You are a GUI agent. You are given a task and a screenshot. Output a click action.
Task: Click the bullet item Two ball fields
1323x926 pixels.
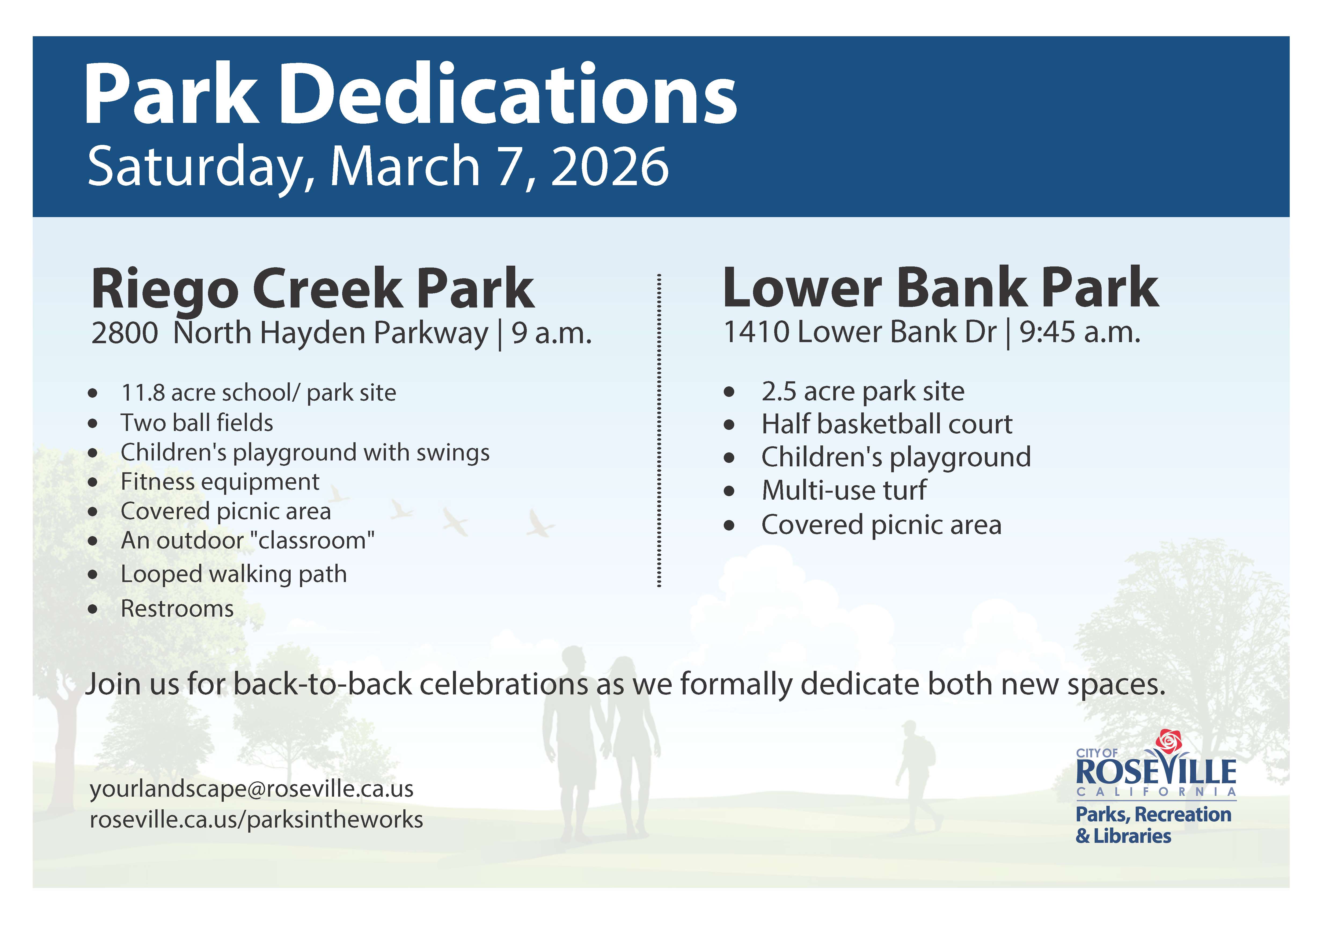pyautogui.click(x=196, y=423)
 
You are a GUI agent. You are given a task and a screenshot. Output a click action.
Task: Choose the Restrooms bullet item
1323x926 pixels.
pyautogui.click(x=177, y=609)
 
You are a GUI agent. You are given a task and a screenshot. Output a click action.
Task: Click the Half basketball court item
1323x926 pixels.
pyautogui.click(x=887, y=424)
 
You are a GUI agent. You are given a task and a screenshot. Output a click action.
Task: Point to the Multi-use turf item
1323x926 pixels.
pyautogui.click(x=844, y=491)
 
